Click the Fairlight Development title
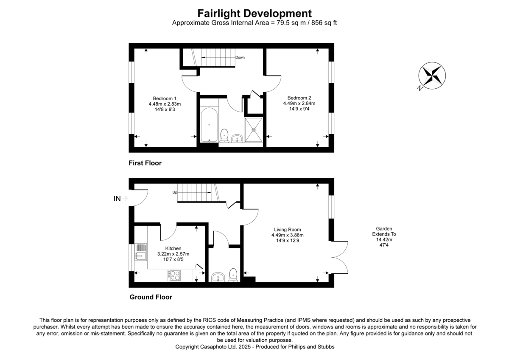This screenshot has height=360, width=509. pos(255,13)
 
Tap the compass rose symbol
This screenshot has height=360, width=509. pos(432,76)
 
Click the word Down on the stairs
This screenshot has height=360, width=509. pos(240,57)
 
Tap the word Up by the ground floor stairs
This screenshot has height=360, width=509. pos(174,192)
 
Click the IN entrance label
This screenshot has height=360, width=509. pos(117,198)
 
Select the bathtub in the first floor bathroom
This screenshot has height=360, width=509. pos(209,124)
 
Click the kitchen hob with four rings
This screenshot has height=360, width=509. pos(174,276)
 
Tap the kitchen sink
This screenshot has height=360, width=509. pos(140,251)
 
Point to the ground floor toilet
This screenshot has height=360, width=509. pos(233,275)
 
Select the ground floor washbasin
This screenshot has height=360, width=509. pos(218,277)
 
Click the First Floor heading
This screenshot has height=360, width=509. pos(145,163)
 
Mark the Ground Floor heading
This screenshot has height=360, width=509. pos(151,297)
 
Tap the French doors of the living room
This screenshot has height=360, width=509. pos(339,257)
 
